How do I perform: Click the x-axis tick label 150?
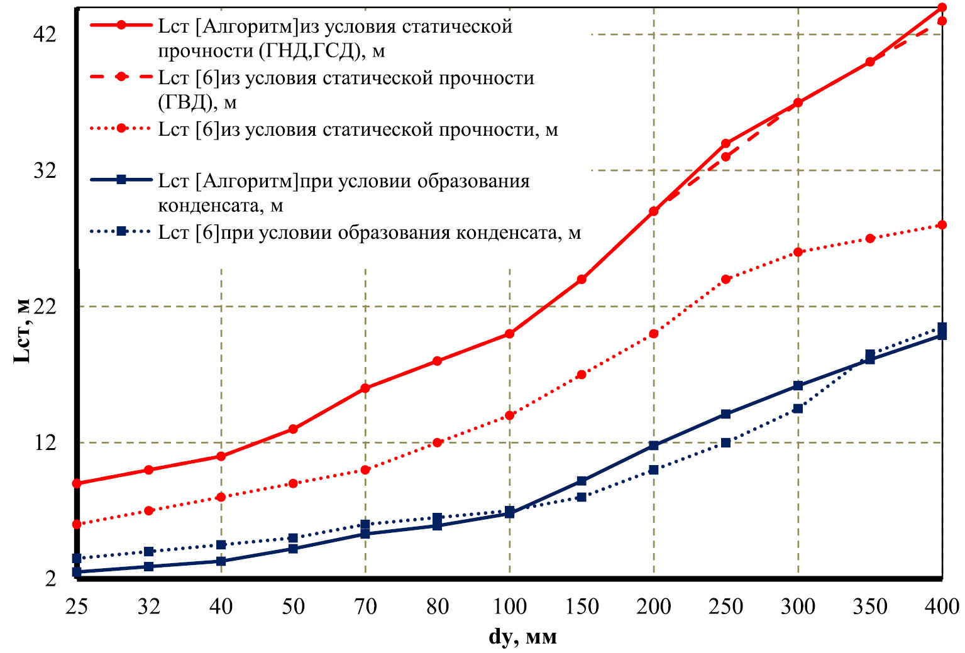coord(582,606)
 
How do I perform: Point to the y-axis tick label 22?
coord(45,306)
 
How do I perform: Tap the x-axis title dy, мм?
coord(522,637)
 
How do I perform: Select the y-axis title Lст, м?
coord(22,331)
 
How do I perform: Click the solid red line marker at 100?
coord(510,334)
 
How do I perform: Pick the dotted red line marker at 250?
coord(726,279)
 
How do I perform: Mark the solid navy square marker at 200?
coord(654,446)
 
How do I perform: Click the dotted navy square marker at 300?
coord(798,409)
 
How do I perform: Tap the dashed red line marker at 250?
coord(726,156)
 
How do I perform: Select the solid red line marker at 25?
coord(77,483)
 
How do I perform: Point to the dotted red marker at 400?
coord(942,225)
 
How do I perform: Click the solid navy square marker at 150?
coord(582,481)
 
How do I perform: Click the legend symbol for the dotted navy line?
coord(122,231)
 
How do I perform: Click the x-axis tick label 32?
coord(149,606)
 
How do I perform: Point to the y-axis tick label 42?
coord(45,35)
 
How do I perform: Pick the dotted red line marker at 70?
coord(365,469)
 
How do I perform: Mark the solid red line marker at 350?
coord(870,62)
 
